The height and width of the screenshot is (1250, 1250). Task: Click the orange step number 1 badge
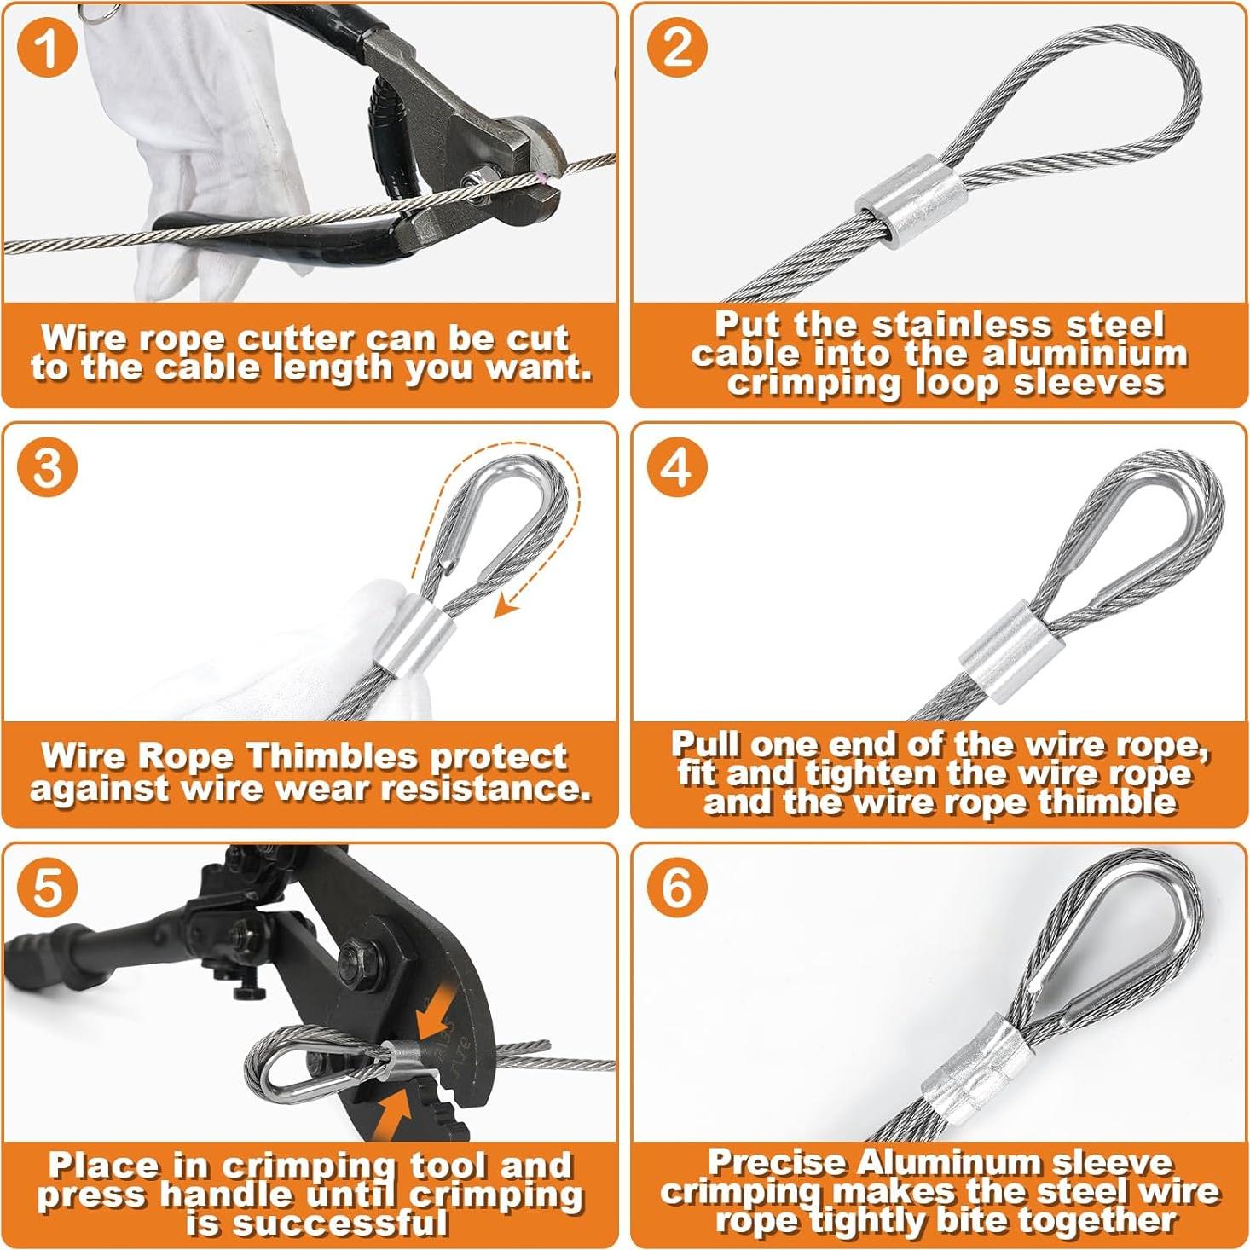click(x=48, y=47)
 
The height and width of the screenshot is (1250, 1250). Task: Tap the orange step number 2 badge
click(x=677, y=47)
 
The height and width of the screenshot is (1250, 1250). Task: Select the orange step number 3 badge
click(x=48, y=467)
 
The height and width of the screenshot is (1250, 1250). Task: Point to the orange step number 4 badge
click(x=677, y=467)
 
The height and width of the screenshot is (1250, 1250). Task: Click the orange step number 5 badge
click(x=48, y=888)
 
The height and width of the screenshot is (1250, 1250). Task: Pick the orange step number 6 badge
click(x=677, y=888)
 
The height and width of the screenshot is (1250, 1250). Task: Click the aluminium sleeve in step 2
click(x=910, y=200)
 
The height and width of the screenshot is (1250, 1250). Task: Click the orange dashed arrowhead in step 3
click(x=505, y=608)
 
